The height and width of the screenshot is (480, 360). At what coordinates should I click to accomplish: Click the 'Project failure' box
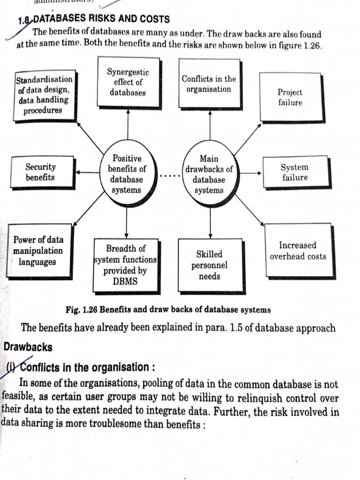coord(291,97)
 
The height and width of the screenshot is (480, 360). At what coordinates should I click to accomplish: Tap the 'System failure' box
coord(295,172)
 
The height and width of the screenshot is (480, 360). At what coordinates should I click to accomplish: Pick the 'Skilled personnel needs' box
coord(210,265)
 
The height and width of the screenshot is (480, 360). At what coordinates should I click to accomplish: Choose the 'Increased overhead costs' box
coord(298,251)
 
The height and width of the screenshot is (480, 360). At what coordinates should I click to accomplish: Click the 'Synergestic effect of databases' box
coord(128,82)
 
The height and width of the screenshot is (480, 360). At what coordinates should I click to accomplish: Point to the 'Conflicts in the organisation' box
coord(209,84)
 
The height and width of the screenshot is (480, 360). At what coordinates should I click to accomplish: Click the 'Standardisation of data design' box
coord(45,95)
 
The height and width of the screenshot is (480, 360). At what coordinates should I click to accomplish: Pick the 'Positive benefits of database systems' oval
coord(127,174)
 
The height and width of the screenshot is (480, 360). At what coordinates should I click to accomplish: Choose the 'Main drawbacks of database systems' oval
coord(209,174)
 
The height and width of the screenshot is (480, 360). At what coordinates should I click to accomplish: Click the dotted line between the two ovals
coord(167,177)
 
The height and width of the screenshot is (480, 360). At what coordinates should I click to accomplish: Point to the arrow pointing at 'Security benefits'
coord(87,172)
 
